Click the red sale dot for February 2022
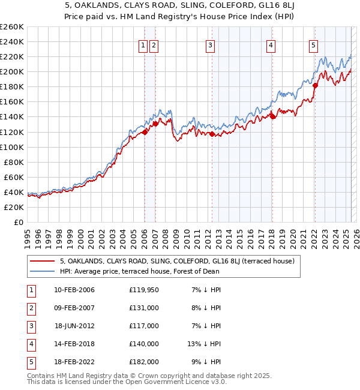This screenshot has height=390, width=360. tap(315, 85)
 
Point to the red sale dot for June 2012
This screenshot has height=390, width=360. tap(212, 134)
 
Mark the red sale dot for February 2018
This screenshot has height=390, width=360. tap(272, 116)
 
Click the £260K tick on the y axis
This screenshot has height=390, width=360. tap(11, 27)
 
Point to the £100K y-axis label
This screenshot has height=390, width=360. tap(11, 147)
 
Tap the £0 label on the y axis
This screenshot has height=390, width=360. tap(18, 222)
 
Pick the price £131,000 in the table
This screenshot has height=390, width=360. tap(143, 308)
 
